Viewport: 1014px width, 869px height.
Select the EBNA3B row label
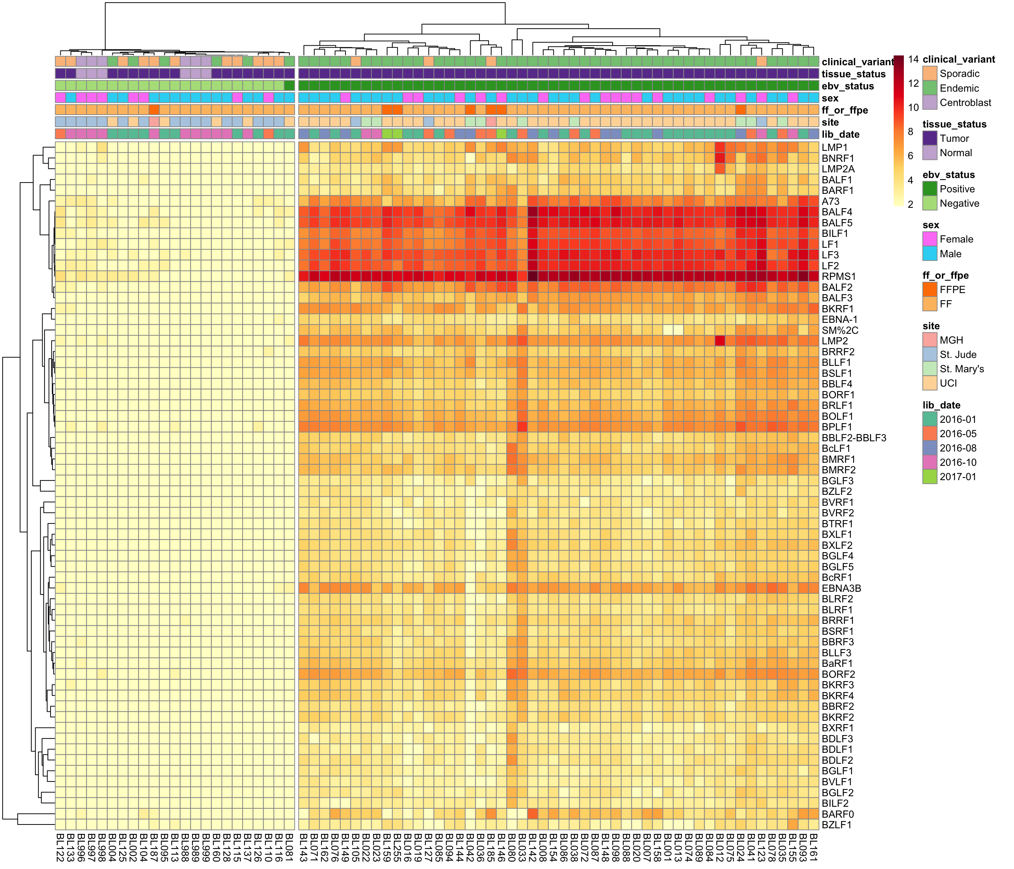(841, 588)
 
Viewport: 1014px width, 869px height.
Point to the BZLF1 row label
(837, 824)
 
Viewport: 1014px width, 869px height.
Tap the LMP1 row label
(834, 147)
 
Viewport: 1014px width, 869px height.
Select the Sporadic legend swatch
(930, 74)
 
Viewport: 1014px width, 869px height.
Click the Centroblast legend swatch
(930, 102)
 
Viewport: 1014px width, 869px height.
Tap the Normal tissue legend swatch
(930, 153)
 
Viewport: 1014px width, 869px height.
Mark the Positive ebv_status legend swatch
(930, 189)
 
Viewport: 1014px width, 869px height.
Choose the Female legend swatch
(930, 239)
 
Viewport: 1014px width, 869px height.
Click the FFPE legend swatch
(930, 290)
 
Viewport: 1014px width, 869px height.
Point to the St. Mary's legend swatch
(930, 369)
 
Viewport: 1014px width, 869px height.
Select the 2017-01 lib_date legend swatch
(930, 477)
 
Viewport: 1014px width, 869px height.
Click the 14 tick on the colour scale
(913, 59)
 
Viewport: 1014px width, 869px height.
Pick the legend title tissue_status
(954, 124)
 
